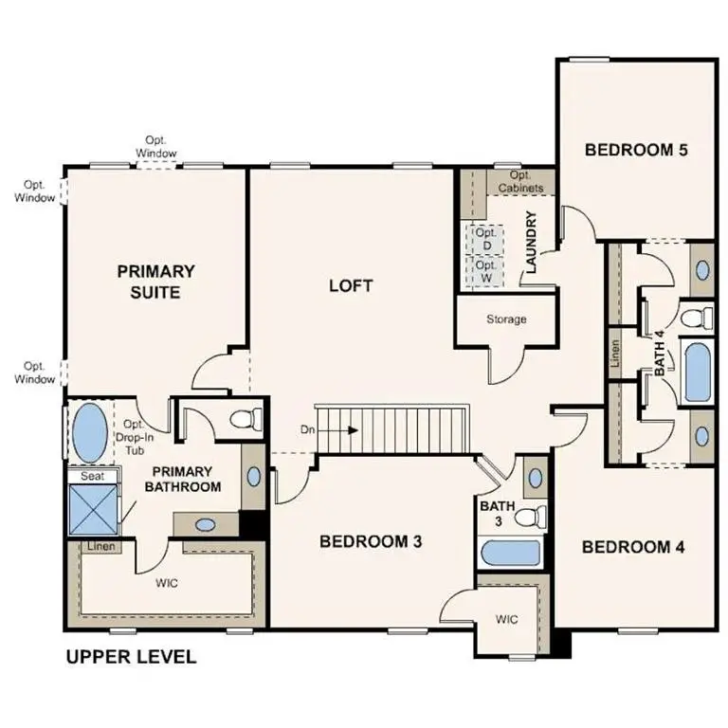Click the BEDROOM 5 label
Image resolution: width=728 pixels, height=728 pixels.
tap(635, 149)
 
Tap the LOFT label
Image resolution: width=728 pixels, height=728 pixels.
tap(351, 285)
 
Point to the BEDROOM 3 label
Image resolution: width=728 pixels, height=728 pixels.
tap(370, 541)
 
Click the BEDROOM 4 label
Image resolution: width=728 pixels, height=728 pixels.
tap(633, 547)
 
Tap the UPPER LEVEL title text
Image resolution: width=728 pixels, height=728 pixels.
tap(131, 657)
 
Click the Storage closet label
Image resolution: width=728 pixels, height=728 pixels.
tap(506, 319)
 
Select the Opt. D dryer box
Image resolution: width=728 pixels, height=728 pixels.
tap(485, 239)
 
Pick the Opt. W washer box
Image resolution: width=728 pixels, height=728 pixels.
tap(485, 272)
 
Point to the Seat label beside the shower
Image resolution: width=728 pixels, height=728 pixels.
tap(92, 476)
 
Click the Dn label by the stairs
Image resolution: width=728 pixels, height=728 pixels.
tap(307, 429)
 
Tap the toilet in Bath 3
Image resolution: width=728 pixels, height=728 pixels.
tap(533, 517)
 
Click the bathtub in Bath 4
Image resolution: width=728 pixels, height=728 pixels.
tap(699, 373)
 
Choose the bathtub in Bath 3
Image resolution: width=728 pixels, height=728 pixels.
tap(510, 554)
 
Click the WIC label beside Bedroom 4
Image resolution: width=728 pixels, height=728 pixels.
tap(507, 620)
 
